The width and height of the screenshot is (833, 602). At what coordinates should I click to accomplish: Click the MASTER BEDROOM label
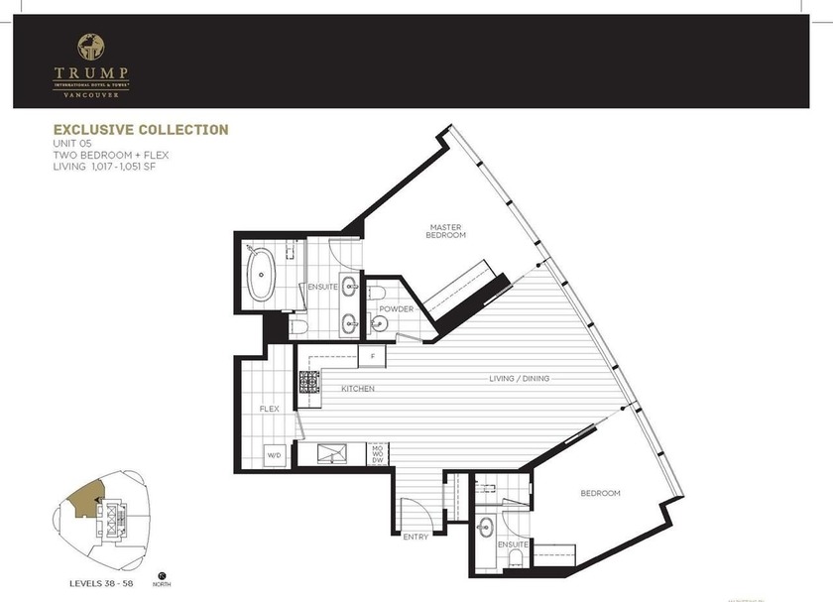pyautogui.click(x=445, y=231)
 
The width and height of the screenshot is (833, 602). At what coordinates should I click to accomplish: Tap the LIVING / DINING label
pyautogui.click(x=519, y=379)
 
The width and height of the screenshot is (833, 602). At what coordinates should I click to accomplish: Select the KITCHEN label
pyautogui.click(x=358, y=389)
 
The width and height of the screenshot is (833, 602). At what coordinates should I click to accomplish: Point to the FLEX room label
pyautogui.click(x=268, y=409)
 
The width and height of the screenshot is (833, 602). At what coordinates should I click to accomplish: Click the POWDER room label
pyautogui.click(x=395, y=309)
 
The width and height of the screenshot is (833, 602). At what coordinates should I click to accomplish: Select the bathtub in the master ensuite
pyautogui.click(x=263, y=275)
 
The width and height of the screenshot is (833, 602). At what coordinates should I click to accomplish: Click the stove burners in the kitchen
pyautogui.click(x=308, y=381)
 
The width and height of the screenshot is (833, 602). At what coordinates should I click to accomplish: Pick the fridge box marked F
pyautogui.click(x=373, y=354)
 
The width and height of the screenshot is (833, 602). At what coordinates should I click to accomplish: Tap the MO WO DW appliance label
pyautogui.click(x=377, y=454)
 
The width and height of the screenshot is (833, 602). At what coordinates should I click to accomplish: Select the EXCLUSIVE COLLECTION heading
pyautogui.click(x=141, y=130)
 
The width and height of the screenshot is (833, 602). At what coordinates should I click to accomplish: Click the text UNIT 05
pyautogui.click(x=74, y=145)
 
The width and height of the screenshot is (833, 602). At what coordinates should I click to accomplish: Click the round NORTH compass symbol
pyautogui.click(x=161, y=574)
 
